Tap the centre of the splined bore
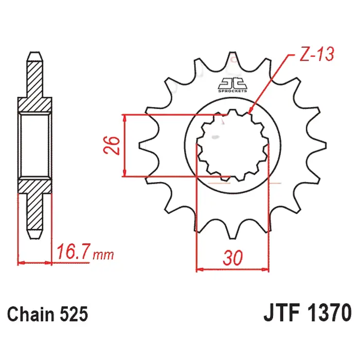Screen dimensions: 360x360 tap(233, 146)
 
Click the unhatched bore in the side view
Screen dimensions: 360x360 tap(35, 146)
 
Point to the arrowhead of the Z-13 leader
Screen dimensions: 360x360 tap(250, 112)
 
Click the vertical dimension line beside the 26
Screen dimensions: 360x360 tap(124, 146)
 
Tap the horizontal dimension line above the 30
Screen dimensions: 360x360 tap(233, 268)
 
